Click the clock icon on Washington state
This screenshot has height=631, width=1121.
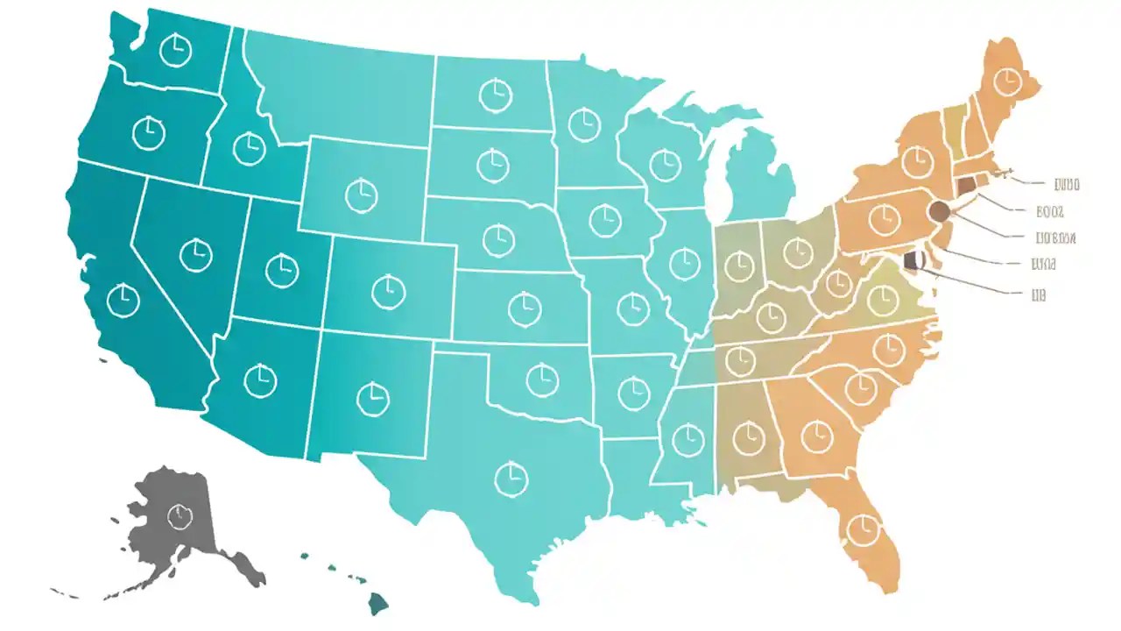[175, 49]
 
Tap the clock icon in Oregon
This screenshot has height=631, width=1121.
[149, 132]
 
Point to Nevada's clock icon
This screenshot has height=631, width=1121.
[195, 254]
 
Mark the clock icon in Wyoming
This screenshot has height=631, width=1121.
[360, 194]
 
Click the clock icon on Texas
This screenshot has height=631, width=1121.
[511, 478]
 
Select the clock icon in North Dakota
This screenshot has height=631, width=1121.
[495, 91]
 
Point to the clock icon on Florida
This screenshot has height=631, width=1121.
[863, 528]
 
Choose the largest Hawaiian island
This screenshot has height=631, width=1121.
[377, 603]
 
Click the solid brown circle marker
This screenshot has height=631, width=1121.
[939, 211]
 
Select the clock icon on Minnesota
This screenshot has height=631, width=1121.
[584, 124]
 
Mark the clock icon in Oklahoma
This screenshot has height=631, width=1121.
[542, 378]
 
